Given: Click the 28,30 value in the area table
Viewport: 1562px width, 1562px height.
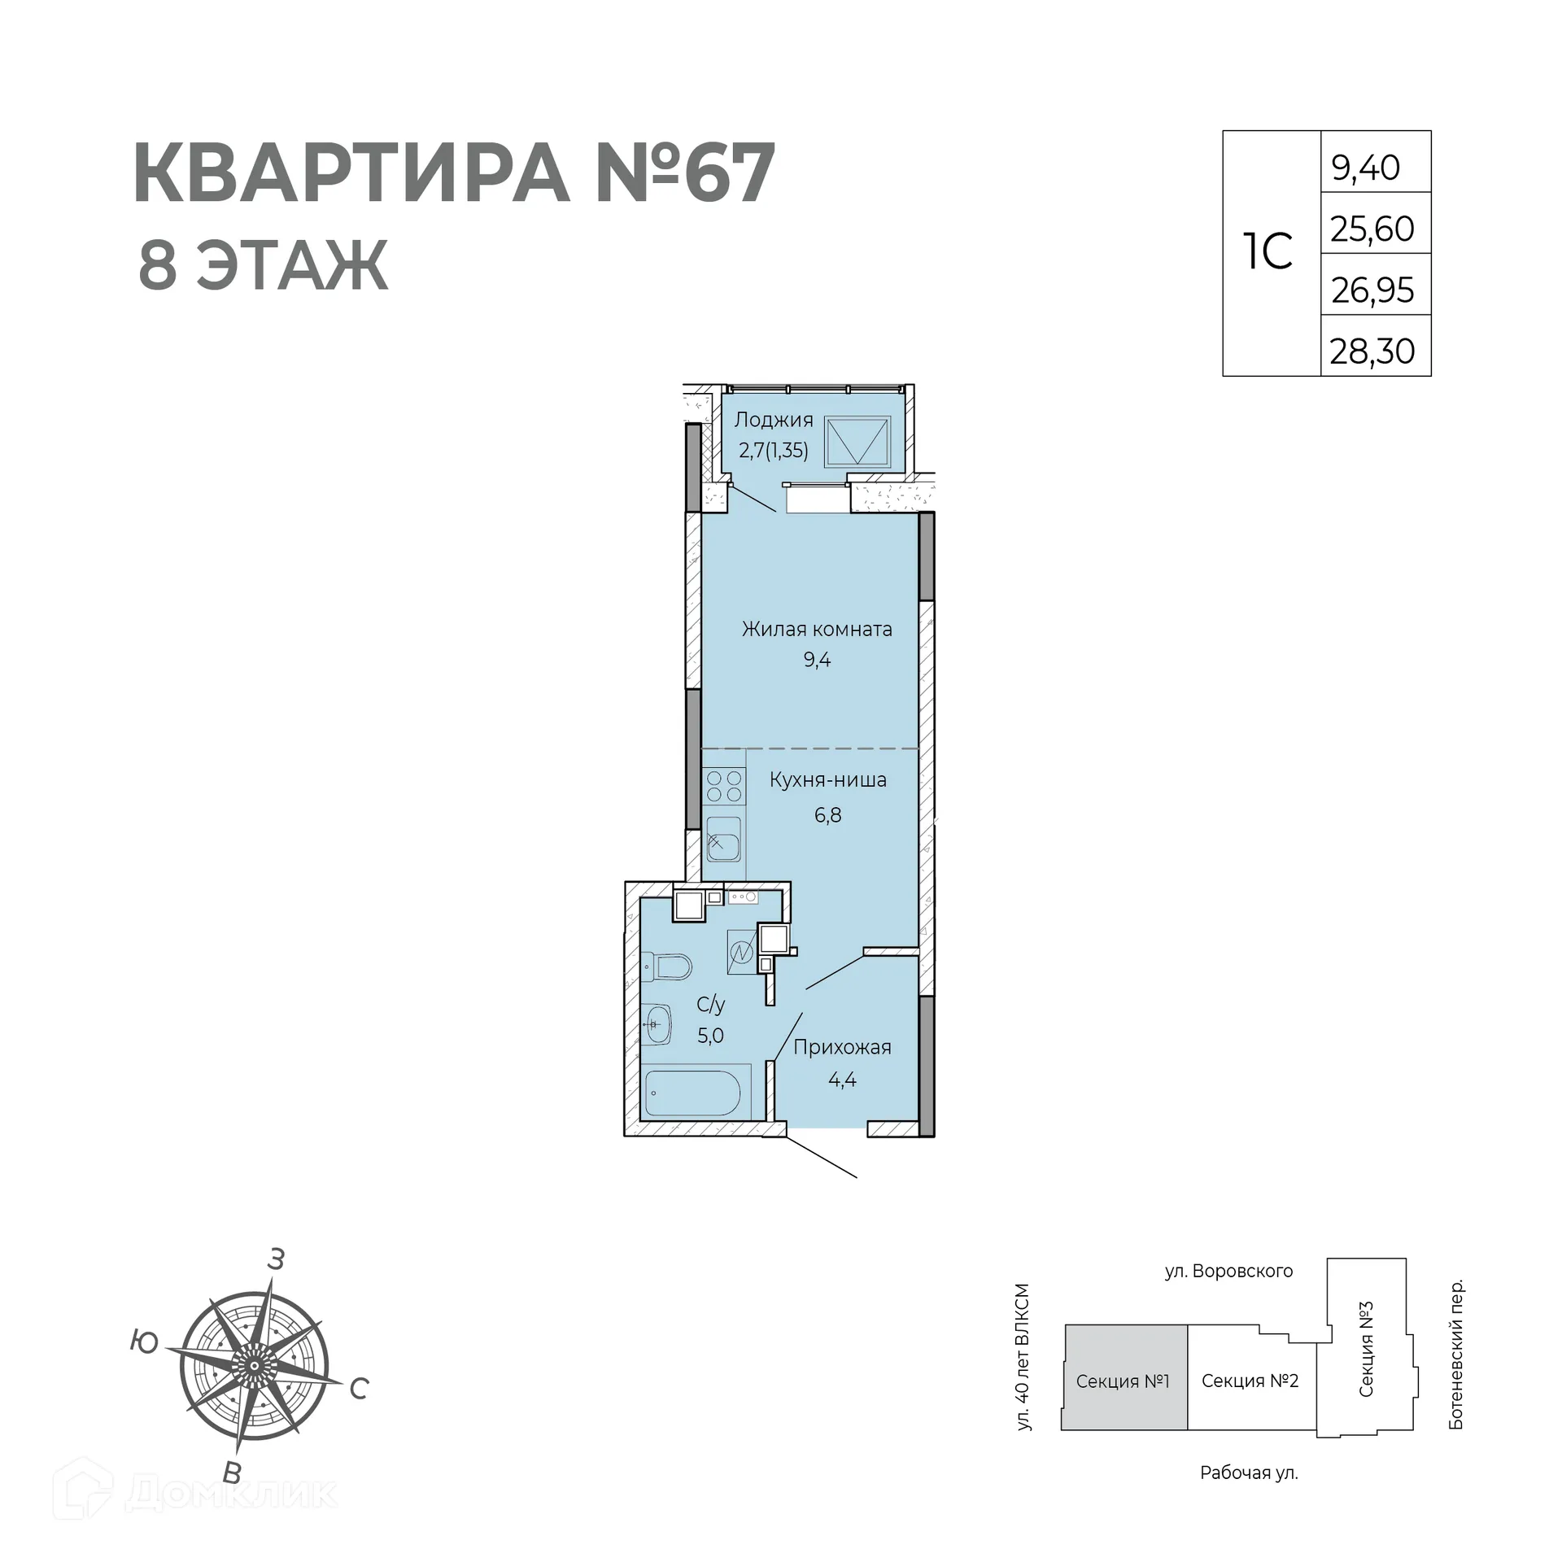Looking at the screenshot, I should (1372, 351).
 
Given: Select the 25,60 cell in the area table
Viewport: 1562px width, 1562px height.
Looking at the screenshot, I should (1372, 229).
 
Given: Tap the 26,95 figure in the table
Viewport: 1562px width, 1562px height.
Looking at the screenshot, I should (1372, 290).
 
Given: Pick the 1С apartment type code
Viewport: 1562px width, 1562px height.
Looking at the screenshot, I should (1268, 252).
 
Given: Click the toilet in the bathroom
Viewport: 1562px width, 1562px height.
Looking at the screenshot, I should (669, 966).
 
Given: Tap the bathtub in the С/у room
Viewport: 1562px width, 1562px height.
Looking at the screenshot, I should (692, 1093).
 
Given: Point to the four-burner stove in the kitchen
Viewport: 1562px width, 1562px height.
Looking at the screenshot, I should (724, 786).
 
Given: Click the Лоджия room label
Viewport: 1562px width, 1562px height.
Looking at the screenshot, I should (774, 420).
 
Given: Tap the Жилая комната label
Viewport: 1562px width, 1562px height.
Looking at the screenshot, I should (817, 629).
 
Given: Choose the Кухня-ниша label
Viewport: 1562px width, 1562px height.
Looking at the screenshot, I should (828, 780).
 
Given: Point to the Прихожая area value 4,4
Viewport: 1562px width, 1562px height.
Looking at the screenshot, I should (842, 1080).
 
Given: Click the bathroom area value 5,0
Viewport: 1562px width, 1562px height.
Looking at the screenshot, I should (710, 1036).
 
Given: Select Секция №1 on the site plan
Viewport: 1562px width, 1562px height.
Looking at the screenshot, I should (1123, 1381).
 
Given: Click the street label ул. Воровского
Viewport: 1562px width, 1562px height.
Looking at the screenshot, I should (1228, 1271).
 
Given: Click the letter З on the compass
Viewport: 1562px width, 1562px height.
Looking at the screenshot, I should (276, 1259).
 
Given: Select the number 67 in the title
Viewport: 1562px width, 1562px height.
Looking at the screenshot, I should (727, 174).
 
